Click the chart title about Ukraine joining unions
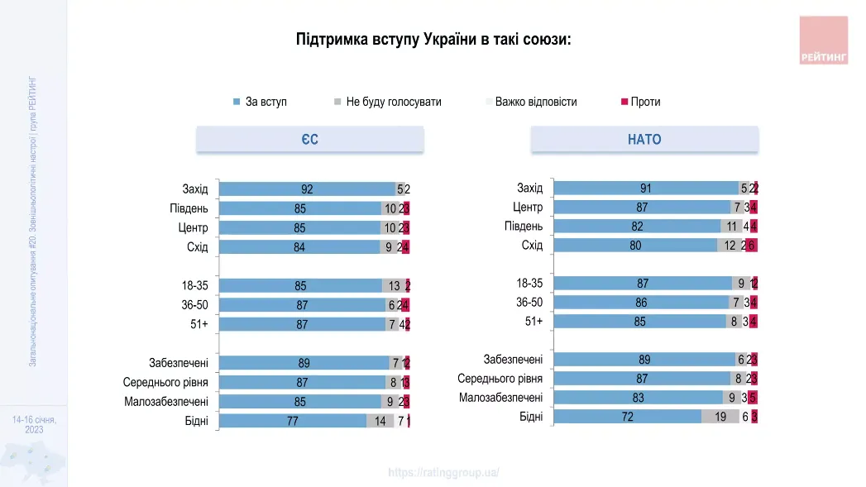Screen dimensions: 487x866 coord(433,40)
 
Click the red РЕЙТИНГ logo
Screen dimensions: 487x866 coord(824,41)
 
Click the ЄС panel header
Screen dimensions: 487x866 coord(309,140)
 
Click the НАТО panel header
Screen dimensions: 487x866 coord(644,140)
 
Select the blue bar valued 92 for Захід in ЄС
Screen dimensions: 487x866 coord(307,189)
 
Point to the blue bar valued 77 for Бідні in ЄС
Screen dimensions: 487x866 coord(292,421)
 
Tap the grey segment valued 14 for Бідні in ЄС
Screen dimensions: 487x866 coord(380,421)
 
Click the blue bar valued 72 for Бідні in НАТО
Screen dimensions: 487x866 coord(627,417)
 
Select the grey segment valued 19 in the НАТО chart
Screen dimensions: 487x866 coord(720,417)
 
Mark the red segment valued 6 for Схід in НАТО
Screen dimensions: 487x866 coord(752,246)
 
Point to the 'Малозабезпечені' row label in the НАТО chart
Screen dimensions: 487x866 coord(500,398)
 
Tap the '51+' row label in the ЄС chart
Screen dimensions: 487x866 coord(199,325)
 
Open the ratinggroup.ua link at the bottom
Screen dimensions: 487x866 coord(444,473)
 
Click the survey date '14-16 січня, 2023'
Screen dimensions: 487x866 coord(34,425)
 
